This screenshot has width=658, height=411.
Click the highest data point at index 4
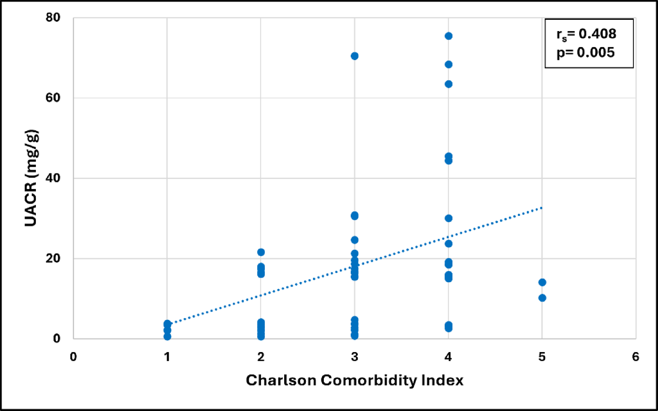(x=448, y=36)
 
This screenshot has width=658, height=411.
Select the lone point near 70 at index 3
(x=354, y=56)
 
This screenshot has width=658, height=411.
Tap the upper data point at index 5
(x=542, y=282)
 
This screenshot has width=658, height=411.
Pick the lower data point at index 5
(x=542, y=298)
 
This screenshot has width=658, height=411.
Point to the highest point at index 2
(x=261, y=253)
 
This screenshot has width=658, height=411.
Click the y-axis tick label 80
(x=53, y=18)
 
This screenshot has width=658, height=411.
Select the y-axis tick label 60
(x=53, y=98)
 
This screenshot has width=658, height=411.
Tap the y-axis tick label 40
(x=53, y=178)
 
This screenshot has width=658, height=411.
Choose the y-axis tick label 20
(x=53, y=258)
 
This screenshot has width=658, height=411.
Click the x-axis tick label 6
(x=635, y=357)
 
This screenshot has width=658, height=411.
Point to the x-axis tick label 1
(x=167, y=357)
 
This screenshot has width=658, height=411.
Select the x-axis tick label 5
(x=542, y=357)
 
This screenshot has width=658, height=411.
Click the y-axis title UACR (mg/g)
(x=31, y=178)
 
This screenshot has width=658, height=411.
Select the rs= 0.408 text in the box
(x=586, y=34)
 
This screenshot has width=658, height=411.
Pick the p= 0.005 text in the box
(x=586, y=52)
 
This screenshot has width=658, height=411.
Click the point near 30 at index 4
(x=448, y=218)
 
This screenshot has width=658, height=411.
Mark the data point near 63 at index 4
(x=448, y=84)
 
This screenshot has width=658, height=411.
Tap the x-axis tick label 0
(x=74, y=357)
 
